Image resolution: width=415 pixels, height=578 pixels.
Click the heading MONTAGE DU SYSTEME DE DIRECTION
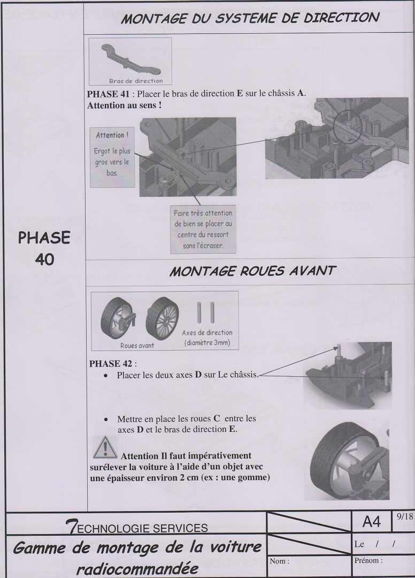[250, 18]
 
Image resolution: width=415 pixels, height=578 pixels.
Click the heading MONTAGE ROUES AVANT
[252, 271]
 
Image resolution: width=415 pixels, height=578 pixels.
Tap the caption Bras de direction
[136, 81]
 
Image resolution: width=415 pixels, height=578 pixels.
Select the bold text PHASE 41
[108, 94]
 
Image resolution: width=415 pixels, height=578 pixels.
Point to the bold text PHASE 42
[111, 363]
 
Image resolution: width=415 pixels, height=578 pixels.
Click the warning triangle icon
[105, 447]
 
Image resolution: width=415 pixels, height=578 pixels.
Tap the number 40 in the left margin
[44, 260]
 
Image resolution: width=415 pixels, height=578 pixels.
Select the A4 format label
[371, 522]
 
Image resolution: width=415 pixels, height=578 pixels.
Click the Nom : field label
[280, 561]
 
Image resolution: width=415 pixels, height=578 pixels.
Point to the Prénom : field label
[368, 561]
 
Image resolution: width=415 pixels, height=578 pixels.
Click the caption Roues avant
[137, 345]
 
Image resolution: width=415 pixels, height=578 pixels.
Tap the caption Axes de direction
[207, 332]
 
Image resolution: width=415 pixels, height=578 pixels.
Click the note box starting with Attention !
[112, 157]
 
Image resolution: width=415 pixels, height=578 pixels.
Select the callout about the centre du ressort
[203, 229]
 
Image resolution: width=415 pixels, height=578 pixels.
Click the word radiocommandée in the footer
[137, 568]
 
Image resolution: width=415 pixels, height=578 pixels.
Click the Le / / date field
[375, 544]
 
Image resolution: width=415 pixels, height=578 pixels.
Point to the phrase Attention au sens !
[125, 105]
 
